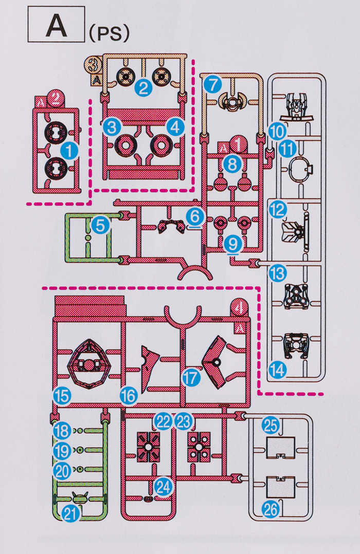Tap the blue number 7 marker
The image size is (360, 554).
click(211, 84)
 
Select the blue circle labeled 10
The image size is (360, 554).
click(277, 131)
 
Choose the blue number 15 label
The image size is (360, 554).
click(61, 396)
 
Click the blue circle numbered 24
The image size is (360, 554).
click(163, 488)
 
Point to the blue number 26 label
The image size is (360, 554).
click(271, 509)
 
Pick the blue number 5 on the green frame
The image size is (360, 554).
click(100, 225)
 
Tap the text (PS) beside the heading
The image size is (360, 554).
click(108, 33)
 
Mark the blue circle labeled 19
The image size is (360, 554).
click(61, 452)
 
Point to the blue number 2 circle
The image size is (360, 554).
click(145, 87)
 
